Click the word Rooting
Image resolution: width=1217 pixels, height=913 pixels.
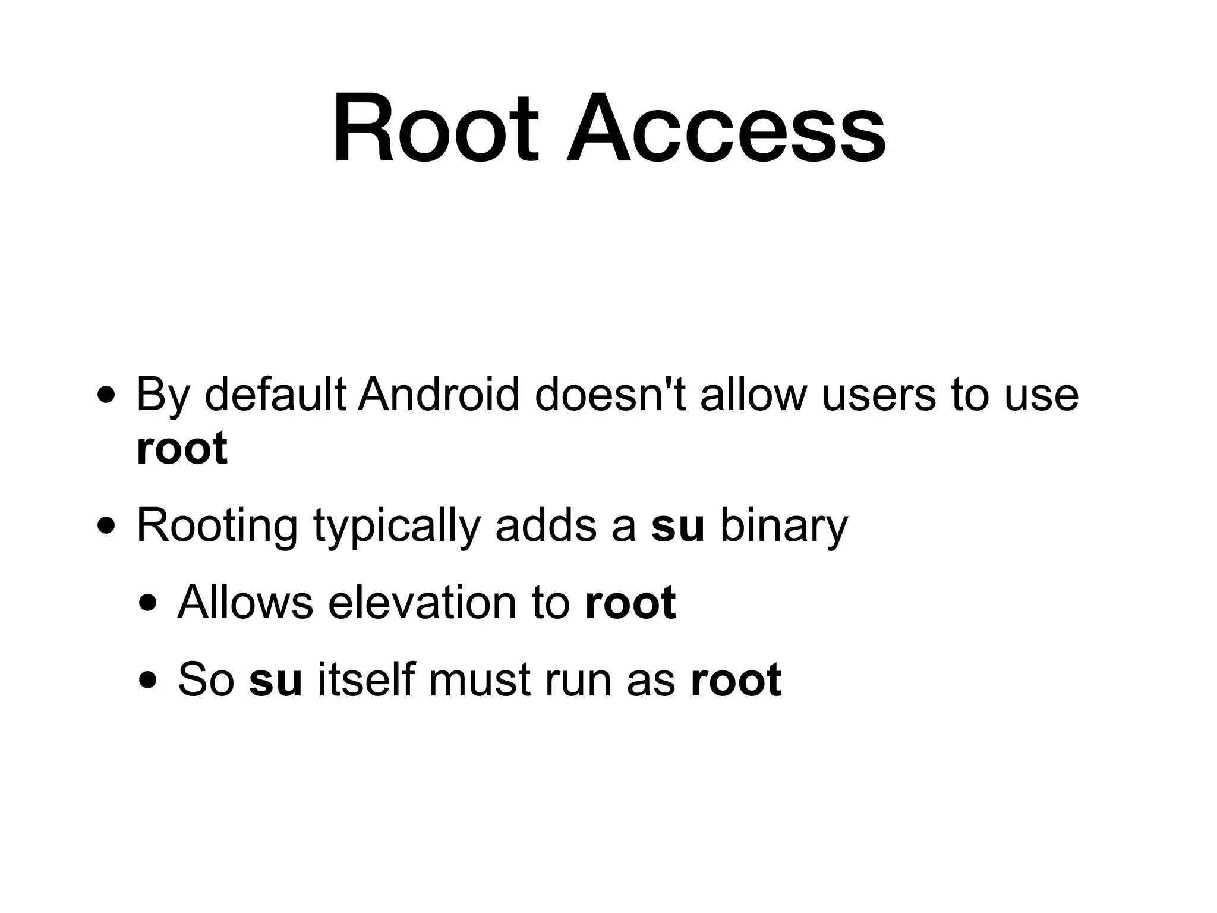point(217,526)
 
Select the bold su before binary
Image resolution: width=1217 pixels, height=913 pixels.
point(677,526)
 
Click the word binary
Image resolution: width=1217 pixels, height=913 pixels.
point(784,526)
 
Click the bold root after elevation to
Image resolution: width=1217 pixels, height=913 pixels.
point(630,603)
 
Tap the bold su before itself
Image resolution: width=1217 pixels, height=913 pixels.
point(276,679)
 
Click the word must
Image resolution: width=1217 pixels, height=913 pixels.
point(478,679)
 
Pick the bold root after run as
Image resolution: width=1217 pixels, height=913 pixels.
point(736,679)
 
